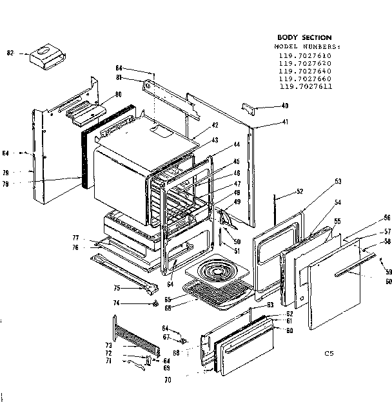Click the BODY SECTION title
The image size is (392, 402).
coord(304,38)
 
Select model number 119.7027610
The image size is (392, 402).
coord(304,55)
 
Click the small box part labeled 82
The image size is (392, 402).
coord(45,55)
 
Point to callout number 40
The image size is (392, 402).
coord(284,106)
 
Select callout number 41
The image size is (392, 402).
coord(284,122)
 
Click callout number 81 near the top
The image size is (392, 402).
coord(119,79)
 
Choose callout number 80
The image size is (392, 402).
coord(118,95)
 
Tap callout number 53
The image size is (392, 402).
coord(337,182)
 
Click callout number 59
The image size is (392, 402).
coord(388,273)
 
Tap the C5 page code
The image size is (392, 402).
coord(329,353)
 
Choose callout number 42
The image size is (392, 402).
coord(215,125)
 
